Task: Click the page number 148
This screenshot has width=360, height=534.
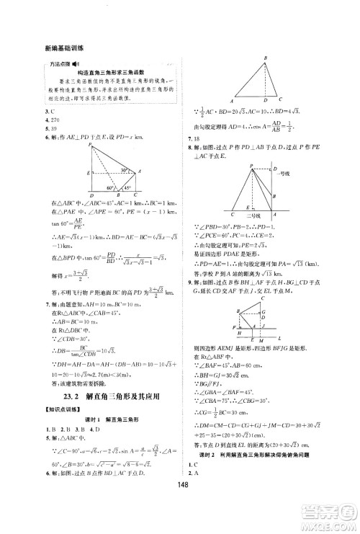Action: pos(180,514)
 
